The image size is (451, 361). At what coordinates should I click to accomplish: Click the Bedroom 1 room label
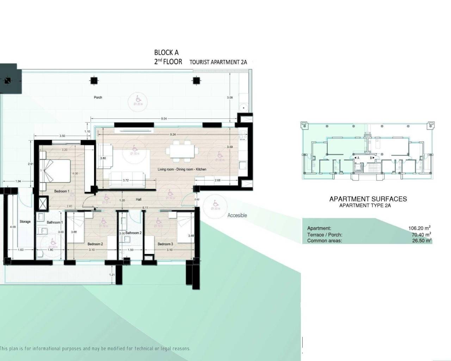pos(62,191)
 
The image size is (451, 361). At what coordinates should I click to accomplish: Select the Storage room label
pos(25,222)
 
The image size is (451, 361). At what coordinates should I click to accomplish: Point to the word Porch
pos(98,97)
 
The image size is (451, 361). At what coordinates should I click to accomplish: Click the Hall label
pos(139,200)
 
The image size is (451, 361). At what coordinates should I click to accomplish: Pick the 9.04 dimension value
pos(164,119)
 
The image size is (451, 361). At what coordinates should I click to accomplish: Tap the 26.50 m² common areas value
pos(421,241)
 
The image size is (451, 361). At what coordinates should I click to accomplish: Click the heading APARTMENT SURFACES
pos(368,199)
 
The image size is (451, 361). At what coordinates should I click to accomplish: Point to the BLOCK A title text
pos(166,53)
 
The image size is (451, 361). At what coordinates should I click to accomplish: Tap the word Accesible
pos(237,215)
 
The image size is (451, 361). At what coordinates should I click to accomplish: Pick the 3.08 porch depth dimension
pos(230,98)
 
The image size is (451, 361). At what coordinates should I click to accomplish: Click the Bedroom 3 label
pos(165,244)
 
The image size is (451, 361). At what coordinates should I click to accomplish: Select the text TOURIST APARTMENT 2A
pos(218,62)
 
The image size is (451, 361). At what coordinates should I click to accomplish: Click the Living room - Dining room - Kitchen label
pos(182,170)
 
